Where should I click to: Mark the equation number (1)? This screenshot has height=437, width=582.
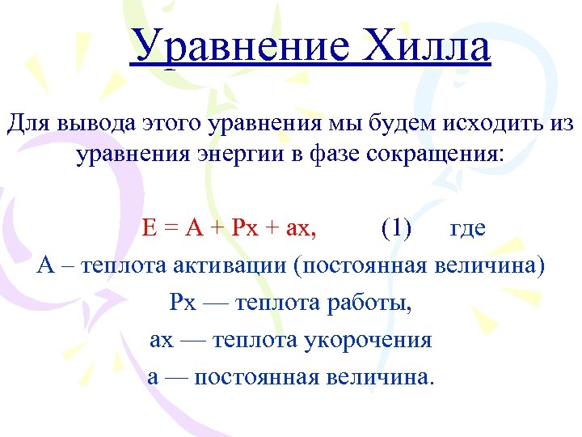click(x=396, y=228)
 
